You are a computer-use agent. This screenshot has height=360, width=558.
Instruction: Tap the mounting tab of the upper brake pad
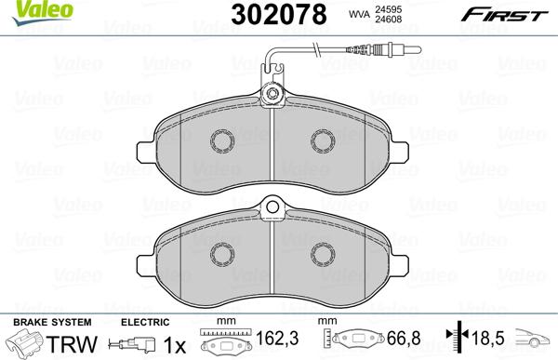click(273, 93)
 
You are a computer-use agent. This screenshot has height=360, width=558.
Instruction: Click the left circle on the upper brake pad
click(221, 140)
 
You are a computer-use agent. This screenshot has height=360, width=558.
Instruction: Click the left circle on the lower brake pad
click(221, 254)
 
